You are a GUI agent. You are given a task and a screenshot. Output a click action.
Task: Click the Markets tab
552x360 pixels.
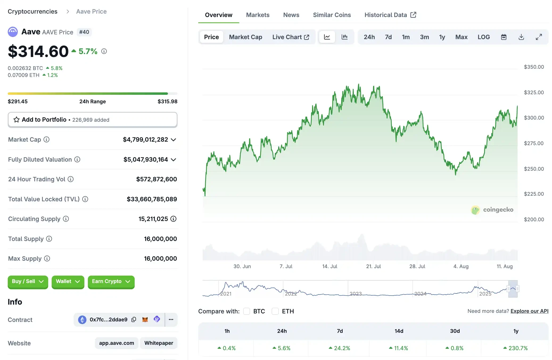[257, 15]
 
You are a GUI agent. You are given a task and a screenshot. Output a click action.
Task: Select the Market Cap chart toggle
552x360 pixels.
[245, 37]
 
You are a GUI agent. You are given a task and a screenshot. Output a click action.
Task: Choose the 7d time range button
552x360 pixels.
[388, 37]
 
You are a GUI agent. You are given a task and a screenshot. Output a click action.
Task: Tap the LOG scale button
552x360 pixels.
[483, 37]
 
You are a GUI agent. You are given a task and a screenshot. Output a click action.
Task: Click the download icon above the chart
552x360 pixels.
[521, 37]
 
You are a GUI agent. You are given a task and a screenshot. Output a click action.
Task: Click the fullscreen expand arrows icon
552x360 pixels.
[539, 37]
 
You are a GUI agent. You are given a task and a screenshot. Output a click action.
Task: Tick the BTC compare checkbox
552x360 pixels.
[247, 311]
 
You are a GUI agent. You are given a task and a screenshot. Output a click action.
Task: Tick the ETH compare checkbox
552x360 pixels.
[275, 311]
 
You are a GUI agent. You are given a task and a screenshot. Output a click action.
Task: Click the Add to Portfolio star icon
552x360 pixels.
[17, 120]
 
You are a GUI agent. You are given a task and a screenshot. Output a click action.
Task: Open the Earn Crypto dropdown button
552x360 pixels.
[111, 281]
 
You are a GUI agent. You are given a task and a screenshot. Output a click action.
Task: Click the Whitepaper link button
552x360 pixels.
[159, 343]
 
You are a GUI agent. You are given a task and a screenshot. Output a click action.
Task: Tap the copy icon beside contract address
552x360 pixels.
[134, 319]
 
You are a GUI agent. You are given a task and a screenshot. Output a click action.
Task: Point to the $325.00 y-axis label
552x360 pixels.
[533, 92]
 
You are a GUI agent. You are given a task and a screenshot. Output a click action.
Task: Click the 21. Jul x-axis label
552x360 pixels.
[373, 266]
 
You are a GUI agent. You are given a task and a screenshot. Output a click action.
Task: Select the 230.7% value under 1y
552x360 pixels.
[518, 348]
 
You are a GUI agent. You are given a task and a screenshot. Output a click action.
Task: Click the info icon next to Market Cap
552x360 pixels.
[47, 140]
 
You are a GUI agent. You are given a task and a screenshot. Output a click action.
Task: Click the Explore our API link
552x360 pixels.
[529, 311]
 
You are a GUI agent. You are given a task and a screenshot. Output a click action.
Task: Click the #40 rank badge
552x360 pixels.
[84, 32]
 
